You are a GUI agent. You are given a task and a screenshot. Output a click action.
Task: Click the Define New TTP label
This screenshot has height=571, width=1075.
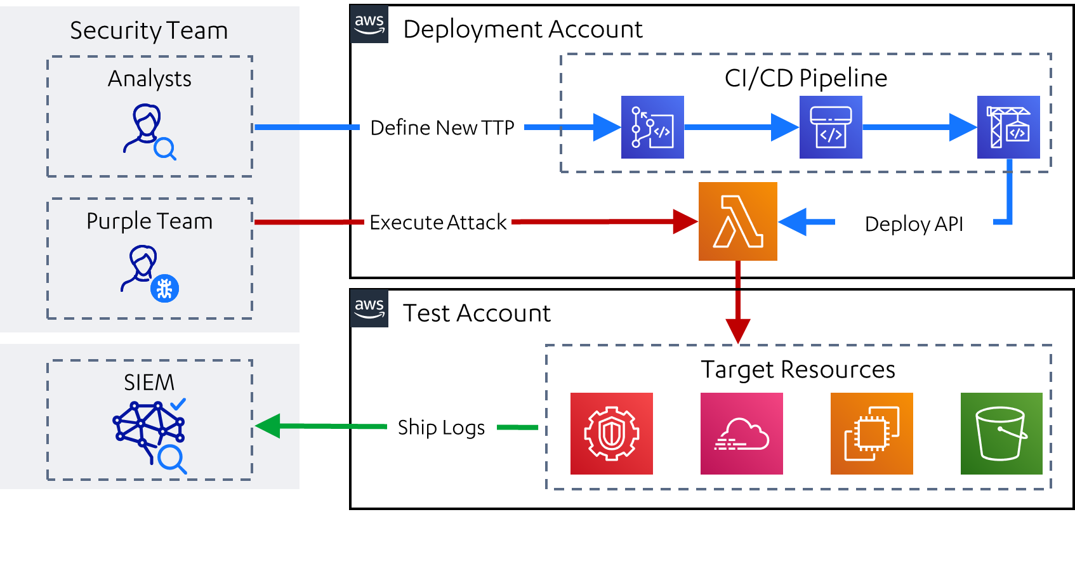(x=442, y=127)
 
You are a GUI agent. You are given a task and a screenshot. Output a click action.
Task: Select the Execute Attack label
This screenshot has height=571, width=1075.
(x=438, y=221)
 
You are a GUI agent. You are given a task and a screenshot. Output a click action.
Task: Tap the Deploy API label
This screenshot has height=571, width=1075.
(x=914, y=223)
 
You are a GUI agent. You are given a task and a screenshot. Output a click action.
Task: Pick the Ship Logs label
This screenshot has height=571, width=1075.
(x=442, y=428)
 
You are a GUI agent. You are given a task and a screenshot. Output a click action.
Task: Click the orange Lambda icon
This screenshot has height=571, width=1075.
(x=737, y=221)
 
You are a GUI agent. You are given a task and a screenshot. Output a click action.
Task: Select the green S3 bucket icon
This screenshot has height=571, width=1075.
(x=1001, y=433)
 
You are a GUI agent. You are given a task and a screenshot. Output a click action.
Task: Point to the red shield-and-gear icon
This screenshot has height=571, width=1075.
(x=611, y=433)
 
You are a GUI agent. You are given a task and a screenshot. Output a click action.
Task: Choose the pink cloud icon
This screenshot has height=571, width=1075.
(x=741, y=433)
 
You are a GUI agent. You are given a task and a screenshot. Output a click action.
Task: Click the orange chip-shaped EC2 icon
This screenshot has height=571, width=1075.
(x=871, y=433)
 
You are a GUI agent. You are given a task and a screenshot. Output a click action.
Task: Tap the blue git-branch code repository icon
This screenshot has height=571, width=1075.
(x=652, y=127)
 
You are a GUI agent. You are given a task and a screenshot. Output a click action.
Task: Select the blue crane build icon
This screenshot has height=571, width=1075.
(x=1008, y=127)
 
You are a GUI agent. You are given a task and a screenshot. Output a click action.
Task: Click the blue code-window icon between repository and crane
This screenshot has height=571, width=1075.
(x=831, y=127)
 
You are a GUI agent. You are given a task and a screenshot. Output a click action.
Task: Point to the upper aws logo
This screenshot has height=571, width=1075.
(x=369, y=24)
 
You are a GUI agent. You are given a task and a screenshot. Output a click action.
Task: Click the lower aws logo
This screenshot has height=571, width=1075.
(x=369, y=308)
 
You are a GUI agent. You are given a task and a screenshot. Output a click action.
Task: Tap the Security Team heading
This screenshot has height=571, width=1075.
(x=148, y=30)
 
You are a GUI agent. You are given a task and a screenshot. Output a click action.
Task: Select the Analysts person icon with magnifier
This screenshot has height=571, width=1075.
(x=149, y=132)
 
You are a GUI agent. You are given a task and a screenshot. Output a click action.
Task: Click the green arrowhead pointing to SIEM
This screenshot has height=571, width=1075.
(x=268, y=426)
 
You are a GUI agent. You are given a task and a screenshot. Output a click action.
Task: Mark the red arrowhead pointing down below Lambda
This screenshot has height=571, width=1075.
(x=738, y=330)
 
